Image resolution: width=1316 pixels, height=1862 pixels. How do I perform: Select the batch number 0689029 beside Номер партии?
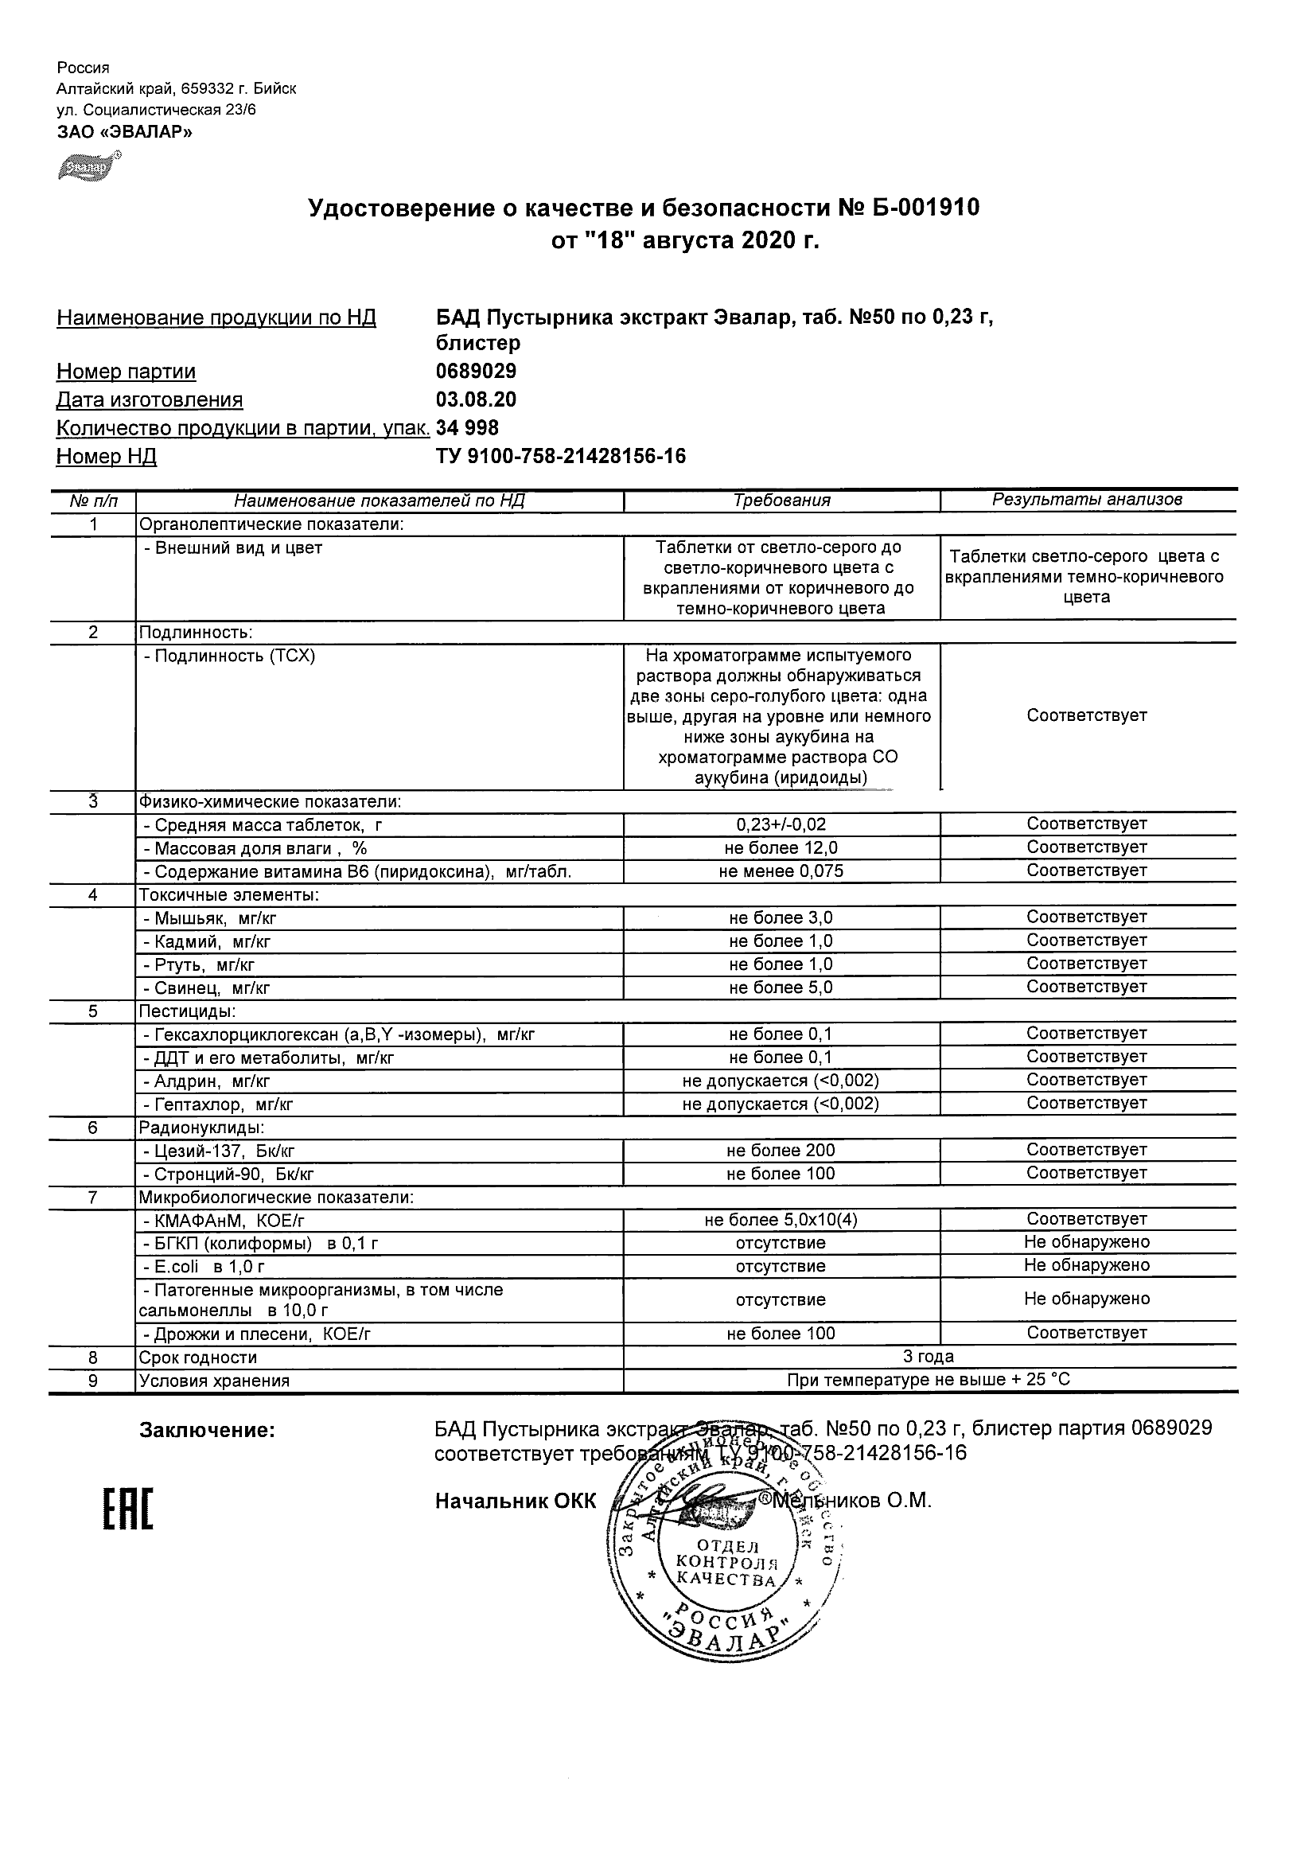[476, 372]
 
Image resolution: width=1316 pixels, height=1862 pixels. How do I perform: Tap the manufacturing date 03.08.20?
[476, 399]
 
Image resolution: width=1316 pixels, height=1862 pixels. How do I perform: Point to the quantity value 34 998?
[467, 428]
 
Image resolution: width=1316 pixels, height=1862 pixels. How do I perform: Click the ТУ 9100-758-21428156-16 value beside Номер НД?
[560, 457]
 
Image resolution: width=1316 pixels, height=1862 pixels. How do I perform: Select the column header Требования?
[781, 501]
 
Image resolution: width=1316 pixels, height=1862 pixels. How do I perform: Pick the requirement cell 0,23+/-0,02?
[781, 824]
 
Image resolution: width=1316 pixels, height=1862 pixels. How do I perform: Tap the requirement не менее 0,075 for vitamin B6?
[781, 871]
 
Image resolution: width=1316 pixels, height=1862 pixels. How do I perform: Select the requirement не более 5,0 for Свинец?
[781, 987]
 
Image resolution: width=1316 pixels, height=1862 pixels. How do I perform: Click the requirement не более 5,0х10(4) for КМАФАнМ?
[781, 1220]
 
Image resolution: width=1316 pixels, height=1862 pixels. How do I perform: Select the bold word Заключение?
[208, 1431]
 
